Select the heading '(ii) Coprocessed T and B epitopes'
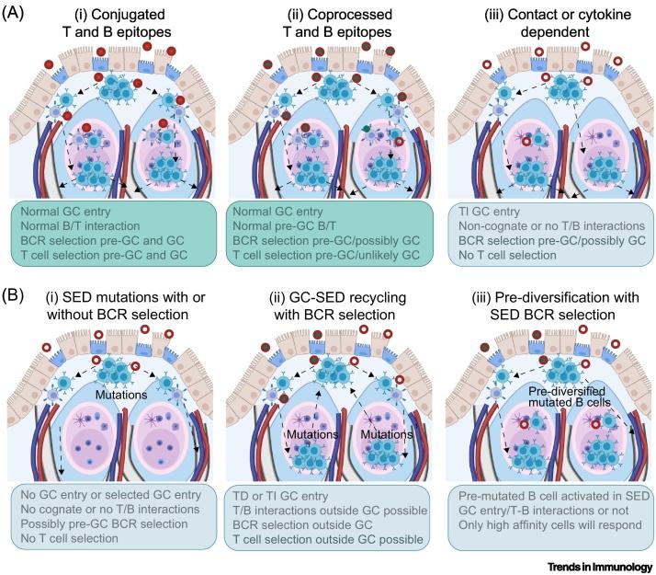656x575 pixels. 329,24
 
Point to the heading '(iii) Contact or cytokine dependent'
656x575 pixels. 544,24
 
